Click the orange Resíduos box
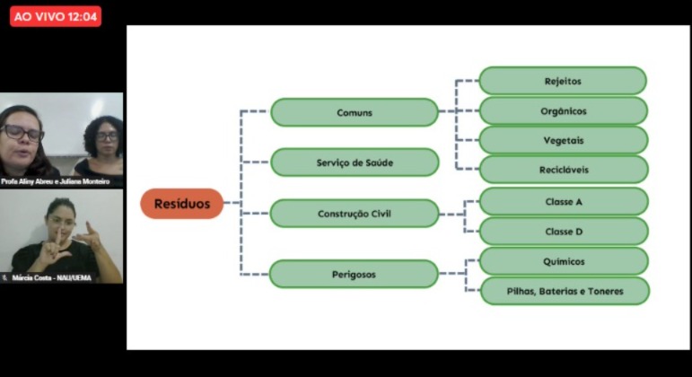[x=181, y=204]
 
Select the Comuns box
[x=355, y=112]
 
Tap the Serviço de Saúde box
[x=355, y=162]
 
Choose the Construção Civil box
[x=354, y=214]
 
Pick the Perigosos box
[x=354, y=274]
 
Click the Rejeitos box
[x=563, y=81]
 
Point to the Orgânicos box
[x=564, y=111]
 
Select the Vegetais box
[x=564, y=141]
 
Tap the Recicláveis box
[x=564, y=170]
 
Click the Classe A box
[x=564, y=202]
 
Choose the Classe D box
[x=564, y=232]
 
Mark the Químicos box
[x=564, y=261]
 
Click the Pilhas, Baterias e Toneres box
[x=565, y=291]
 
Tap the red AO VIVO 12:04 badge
[x=56, y=16]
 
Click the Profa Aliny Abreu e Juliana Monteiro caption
[x=60, y=181]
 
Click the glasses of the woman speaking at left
[x=22, y=133]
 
